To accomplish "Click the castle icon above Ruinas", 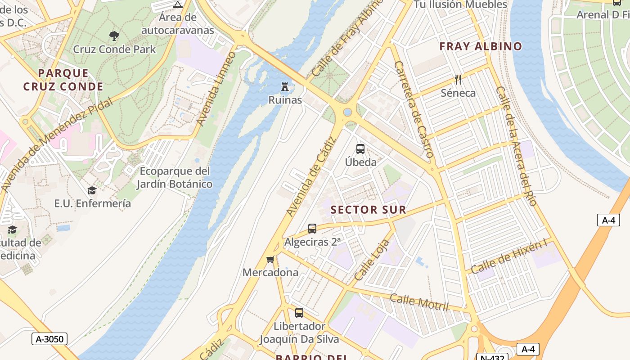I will tap(284, 86).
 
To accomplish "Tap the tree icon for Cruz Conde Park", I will tap(114, 36).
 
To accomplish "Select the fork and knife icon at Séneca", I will tap(458, 80).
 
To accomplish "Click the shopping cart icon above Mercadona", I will tap(270, 259).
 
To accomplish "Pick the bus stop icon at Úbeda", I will tap(360, 149).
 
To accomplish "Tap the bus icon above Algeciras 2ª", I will tap(312, 229).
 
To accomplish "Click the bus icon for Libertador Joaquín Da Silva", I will tap(299, 312).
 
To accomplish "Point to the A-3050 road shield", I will tap(49, 339).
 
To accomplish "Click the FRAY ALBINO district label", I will tap(481, 46).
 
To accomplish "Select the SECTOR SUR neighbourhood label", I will tap(369, 210).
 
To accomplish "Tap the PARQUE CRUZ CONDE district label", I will tap(63, 80).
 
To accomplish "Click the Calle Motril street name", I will tap(419, 302).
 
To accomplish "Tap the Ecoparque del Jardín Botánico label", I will tap(175, 177).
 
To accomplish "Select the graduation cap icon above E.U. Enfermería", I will tap(92, 190).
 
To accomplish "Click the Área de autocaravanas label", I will tap(178, 24).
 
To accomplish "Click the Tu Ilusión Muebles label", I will tap(460, 4).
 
